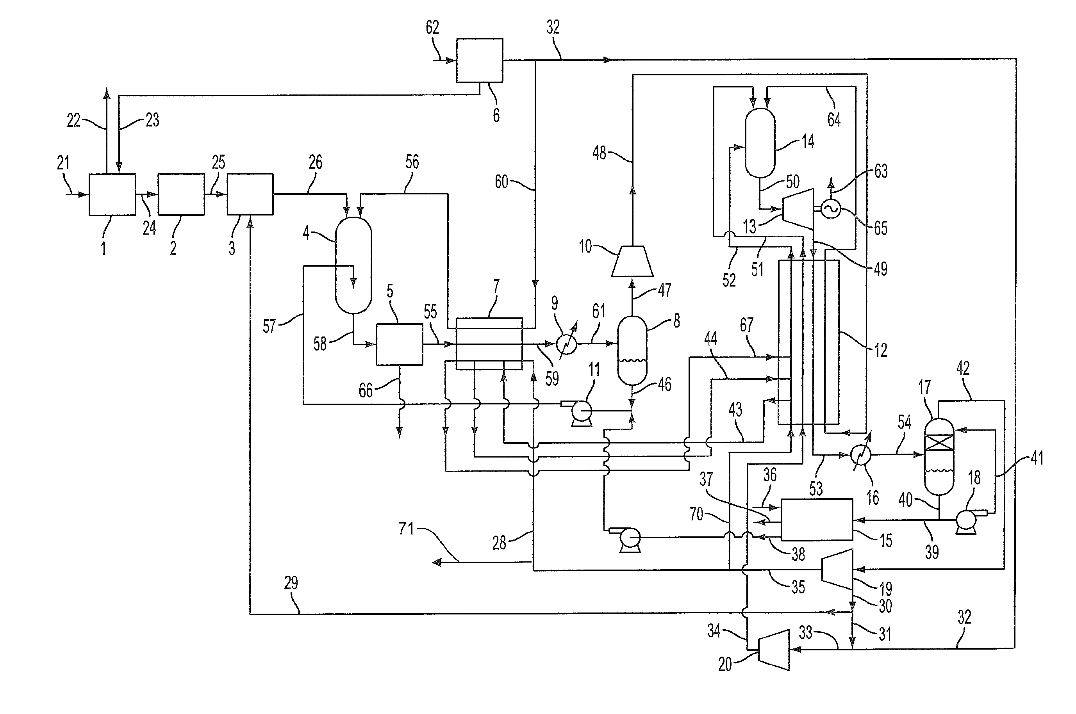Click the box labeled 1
point(112,194)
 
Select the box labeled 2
point(181,194)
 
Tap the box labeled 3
point(250,194)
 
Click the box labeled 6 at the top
point(480,60)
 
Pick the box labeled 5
point(399,344)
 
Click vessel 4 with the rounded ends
point(353,265)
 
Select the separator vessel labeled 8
point(632,350)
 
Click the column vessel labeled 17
point(939,456)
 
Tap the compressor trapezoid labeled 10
point(632,262)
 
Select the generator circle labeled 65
point(830,210)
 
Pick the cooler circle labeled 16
point(860,454)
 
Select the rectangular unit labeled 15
point(816,520)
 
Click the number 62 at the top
point(432,27)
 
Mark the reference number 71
point(406,529)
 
